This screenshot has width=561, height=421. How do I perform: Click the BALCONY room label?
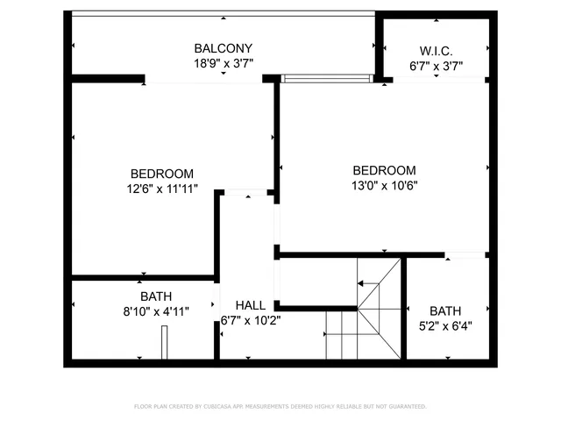tap(224, 48)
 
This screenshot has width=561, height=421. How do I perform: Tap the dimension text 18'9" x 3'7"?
tap(224, 63)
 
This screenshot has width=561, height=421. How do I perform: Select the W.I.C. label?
tap(436, 51)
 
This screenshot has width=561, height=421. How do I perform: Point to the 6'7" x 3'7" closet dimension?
tap(436, 66)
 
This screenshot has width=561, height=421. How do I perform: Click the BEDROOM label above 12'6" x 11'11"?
tap(162, 174)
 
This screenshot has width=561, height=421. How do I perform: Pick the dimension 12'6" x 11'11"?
tap(162, 188)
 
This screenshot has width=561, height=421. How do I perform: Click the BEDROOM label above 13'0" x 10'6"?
tap(384, 170)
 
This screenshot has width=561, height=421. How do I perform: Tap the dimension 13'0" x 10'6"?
tap(384, 185)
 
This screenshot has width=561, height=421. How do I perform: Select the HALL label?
tap(251, 305)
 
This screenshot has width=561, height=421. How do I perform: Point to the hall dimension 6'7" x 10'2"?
tap(251, 320)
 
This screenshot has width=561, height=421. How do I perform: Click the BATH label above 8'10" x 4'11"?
tap(155, 296)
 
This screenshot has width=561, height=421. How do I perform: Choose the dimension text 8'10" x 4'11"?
tap(155, 310)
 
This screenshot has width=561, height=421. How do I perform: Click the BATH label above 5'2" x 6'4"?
tap(445, 310)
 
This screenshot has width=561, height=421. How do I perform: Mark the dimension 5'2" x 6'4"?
tap(445, 325)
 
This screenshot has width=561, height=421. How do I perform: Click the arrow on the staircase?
tap(360, 283)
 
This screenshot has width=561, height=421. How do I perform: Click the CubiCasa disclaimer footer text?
tap(280, 406)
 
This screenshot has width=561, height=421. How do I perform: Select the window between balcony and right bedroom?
tap(326, 78)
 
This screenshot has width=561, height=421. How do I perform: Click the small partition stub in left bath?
tap(164, 342)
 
